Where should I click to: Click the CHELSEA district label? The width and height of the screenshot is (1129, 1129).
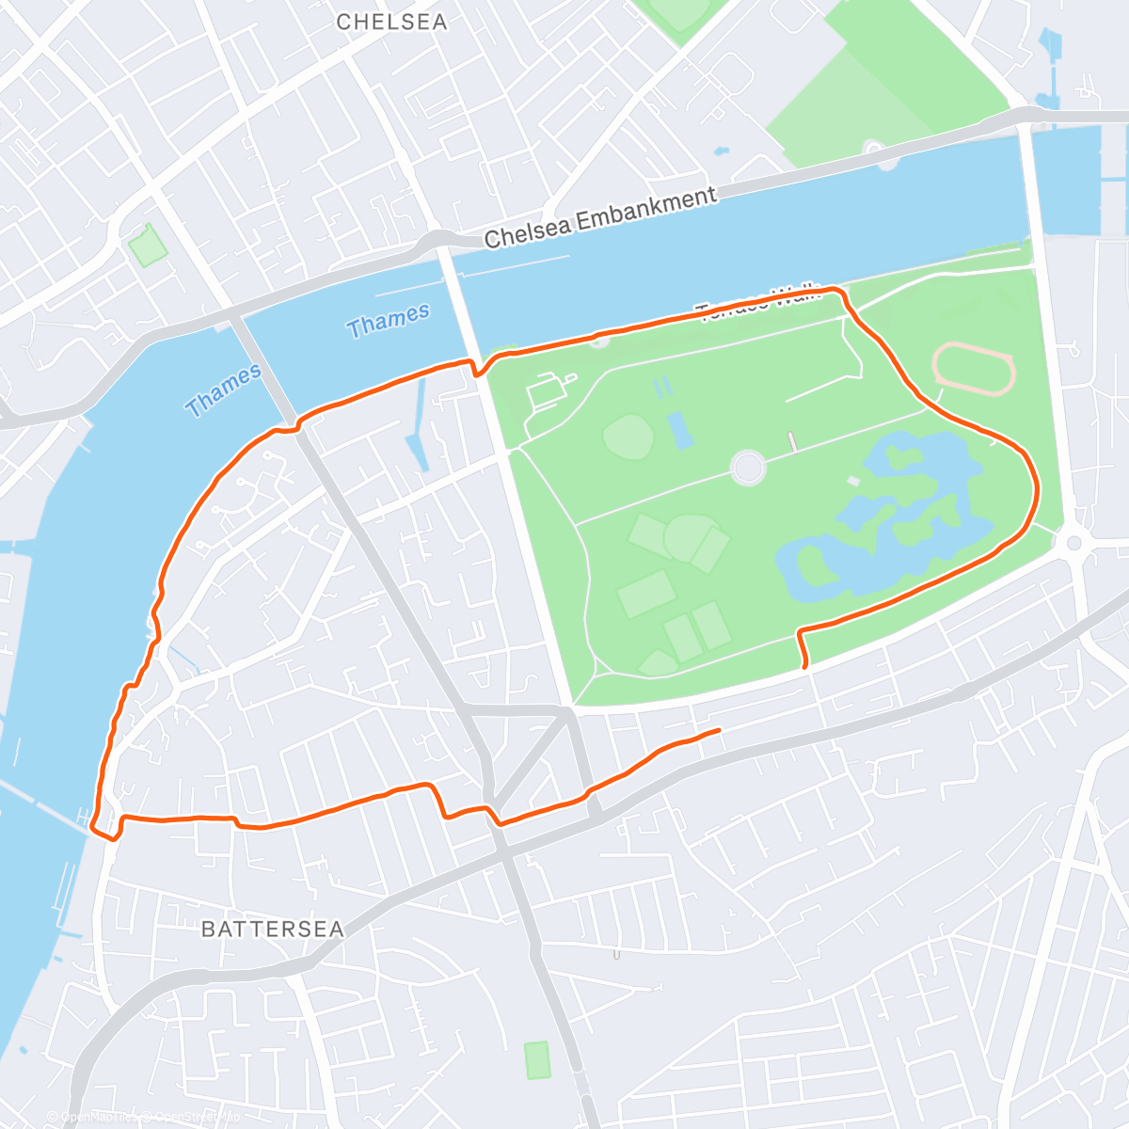(x=391, y=22)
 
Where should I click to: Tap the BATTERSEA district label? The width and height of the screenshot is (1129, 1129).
(x=273, y=930)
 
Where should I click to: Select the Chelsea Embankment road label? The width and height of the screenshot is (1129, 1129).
(x=600, y=217)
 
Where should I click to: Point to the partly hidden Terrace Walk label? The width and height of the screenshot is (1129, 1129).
(x=758, y=300)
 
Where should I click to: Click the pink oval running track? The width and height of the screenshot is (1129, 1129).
(x=974, y=369)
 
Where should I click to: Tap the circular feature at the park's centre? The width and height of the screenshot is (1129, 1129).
(x=748, y=467)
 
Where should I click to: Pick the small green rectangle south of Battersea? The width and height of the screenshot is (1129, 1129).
(x=537, y=1059)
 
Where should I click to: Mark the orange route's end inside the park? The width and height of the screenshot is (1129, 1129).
(x=805, y=666)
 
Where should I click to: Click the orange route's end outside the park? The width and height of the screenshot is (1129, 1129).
(x=719, y=730)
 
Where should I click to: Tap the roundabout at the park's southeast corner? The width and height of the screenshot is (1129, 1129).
(x=1073, y=544)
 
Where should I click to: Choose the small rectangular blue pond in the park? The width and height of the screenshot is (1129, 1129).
(x=680, y=429)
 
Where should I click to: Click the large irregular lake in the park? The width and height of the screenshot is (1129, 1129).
(x=884, y=527)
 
